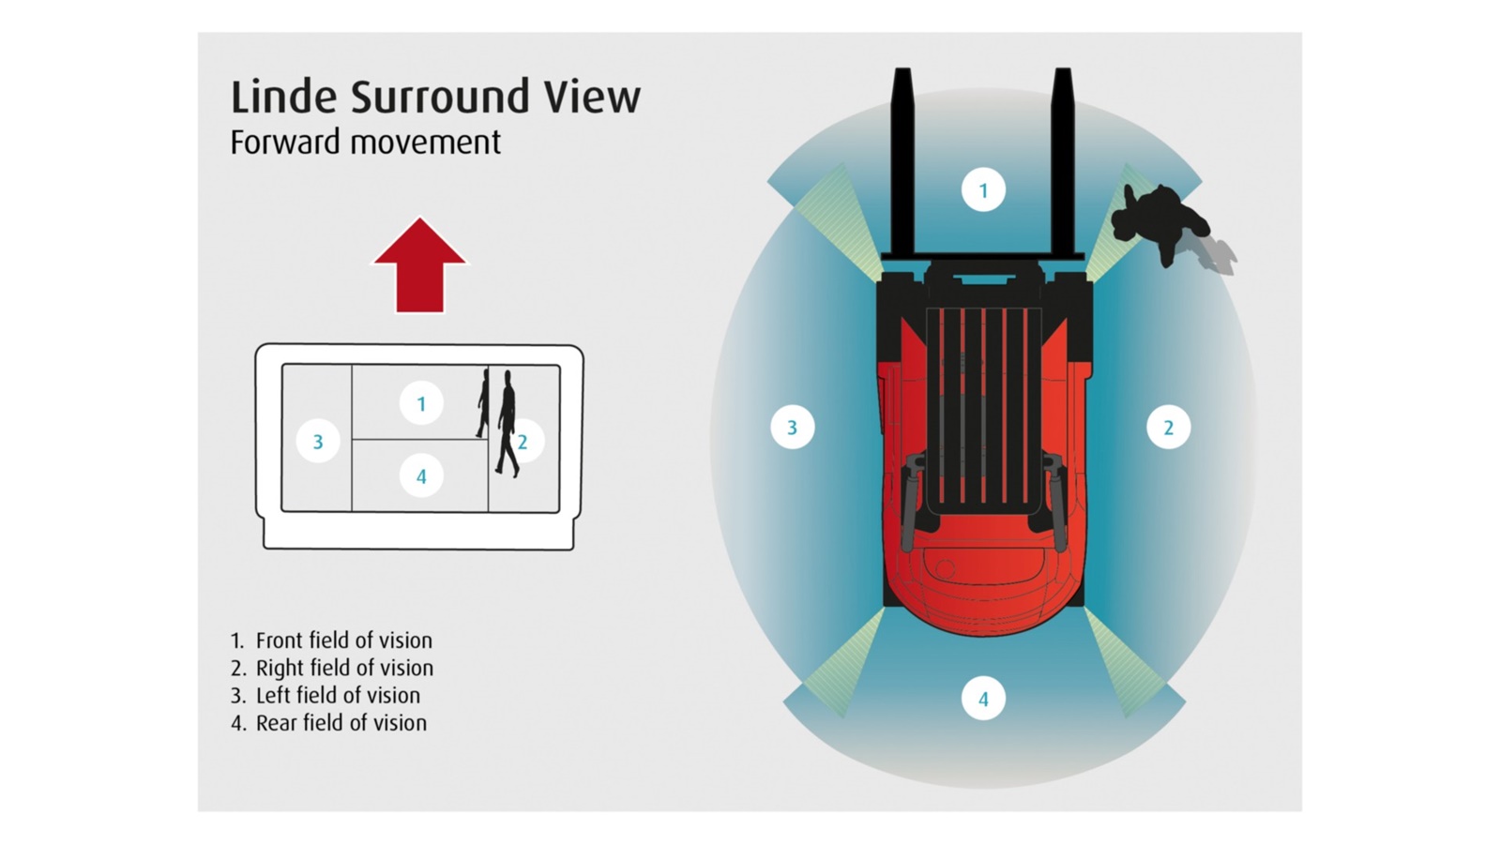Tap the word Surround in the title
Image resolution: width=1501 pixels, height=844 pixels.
451,98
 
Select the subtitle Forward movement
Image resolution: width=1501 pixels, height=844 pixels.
365,143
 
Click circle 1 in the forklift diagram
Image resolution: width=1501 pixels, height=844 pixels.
983,190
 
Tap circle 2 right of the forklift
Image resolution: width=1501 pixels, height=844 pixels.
1168,428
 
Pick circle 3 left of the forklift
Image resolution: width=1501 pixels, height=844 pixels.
792,428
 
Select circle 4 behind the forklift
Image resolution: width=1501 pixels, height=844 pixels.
983,699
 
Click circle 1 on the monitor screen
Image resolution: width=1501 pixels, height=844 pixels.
421,403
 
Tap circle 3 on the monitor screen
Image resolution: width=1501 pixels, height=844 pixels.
318,442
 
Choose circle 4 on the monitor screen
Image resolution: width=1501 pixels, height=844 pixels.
421,476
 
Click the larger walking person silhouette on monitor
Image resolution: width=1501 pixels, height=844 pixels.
508,422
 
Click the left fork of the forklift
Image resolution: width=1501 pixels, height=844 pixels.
902,159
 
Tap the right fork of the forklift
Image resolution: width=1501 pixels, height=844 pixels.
1063,159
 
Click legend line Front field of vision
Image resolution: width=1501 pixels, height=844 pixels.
332,641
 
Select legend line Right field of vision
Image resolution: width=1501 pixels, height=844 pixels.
332,668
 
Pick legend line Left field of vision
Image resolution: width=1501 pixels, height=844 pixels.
326,695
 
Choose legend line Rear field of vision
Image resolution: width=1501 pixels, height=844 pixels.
329,723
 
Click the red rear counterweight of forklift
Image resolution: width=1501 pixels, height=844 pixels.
983,591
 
